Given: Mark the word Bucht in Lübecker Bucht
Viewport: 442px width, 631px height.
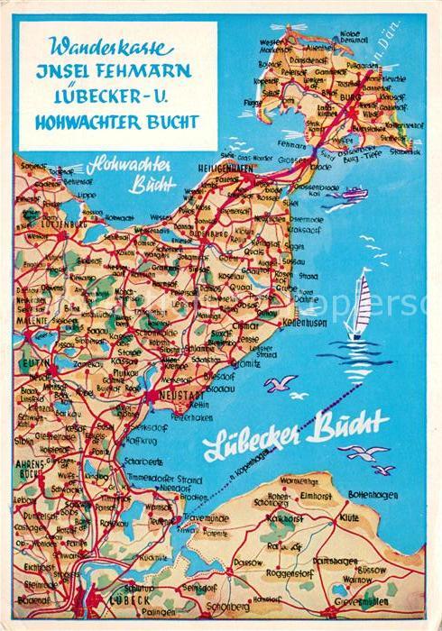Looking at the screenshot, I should (350, 422).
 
